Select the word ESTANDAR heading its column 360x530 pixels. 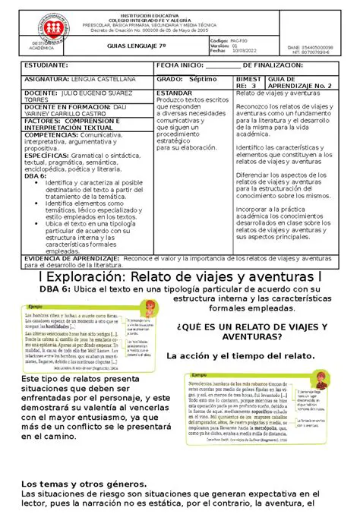click(174, 93)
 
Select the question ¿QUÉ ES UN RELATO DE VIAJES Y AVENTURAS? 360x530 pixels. click(251, 331)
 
